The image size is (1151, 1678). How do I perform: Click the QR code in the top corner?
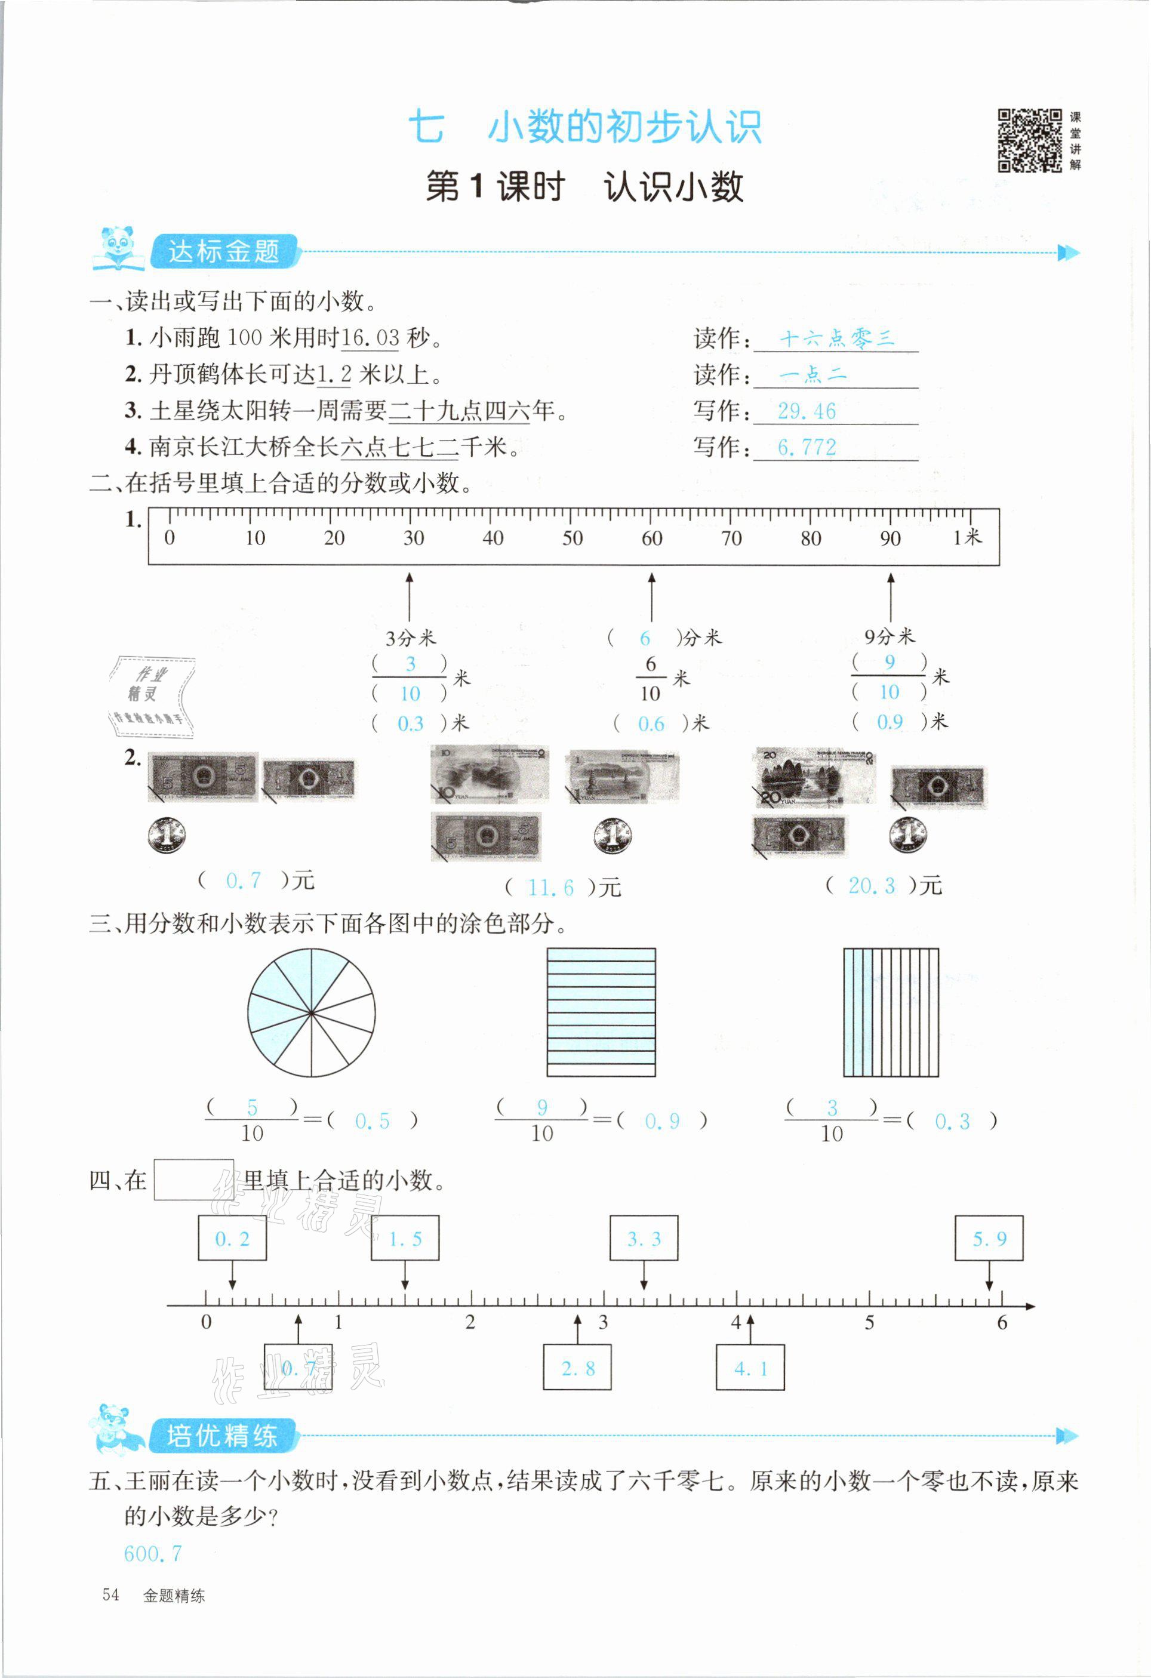1030,141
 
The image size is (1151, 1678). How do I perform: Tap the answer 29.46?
807,411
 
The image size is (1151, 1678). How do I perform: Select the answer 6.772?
807,448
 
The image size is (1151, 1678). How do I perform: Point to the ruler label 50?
572,538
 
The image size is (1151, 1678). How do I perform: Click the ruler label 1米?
968,537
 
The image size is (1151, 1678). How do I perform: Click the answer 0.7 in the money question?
244,880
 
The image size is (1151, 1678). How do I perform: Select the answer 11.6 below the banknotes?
550,888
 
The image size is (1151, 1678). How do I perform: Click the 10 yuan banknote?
490,774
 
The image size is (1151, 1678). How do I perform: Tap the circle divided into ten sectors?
311,1012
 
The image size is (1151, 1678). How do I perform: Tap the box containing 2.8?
577,1368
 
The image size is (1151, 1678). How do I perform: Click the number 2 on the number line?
470,1322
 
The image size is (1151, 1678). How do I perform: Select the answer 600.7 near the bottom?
153,1554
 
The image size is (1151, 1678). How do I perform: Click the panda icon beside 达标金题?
118,249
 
